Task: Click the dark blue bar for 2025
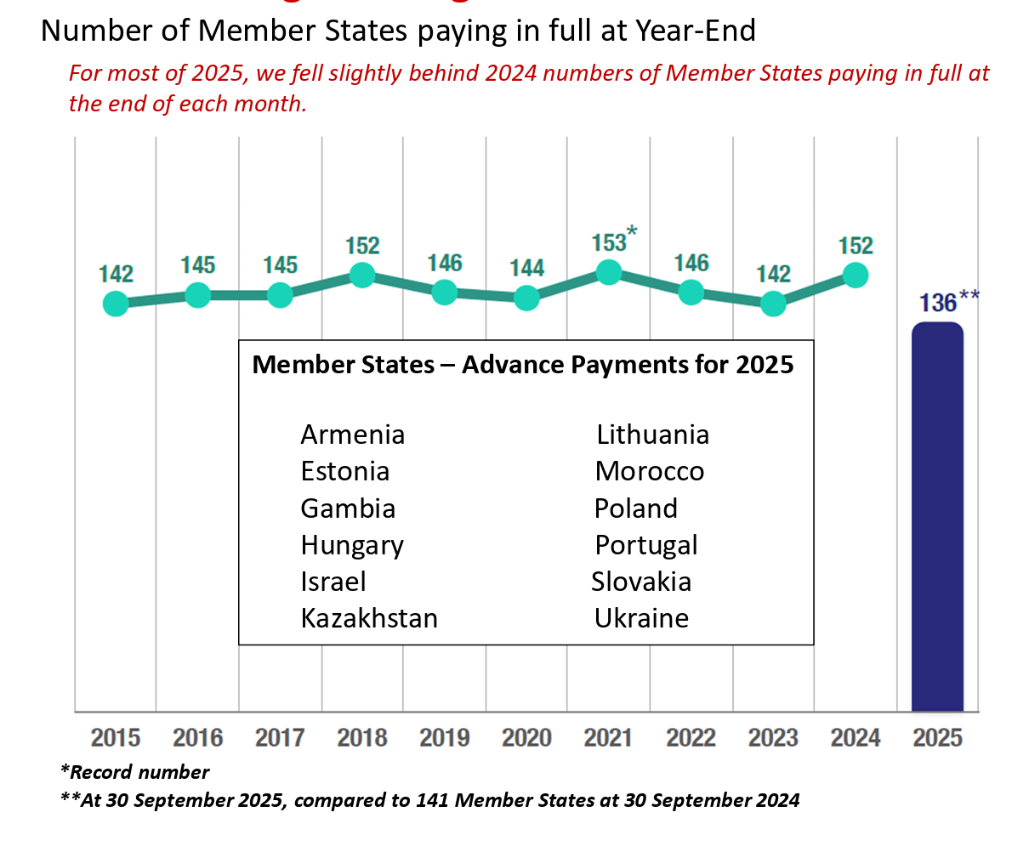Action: [x=937, y=519]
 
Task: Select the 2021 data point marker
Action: [x=609, y=272]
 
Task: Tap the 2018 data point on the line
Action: [x=362, y=275]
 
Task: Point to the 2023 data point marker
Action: [x=773, y=304]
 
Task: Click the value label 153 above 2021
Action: [x=609, y=241]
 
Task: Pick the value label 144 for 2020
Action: [x=526, y=269]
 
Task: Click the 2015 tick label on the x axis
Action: [x=116, y=737]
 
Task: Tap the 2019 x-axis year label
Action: [x=444, y=737]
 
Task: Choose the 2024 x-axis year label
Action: [x=856, y=737]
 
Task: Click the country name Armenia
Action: [x=353, y=435]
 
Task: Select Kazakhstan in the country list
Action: [x=369, y=618]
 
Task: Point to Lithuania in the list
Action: [x=652, y=435]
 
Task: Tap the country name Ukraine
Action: [x=641, y=618]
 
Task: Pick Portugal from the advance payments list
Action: [x=646, y=545]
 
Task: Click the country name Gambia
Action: [x=348, y=508]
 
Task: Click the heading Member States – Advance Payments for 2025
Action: [x=523, y=365]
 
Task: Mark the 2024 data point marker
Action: [x=856, y=275]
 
